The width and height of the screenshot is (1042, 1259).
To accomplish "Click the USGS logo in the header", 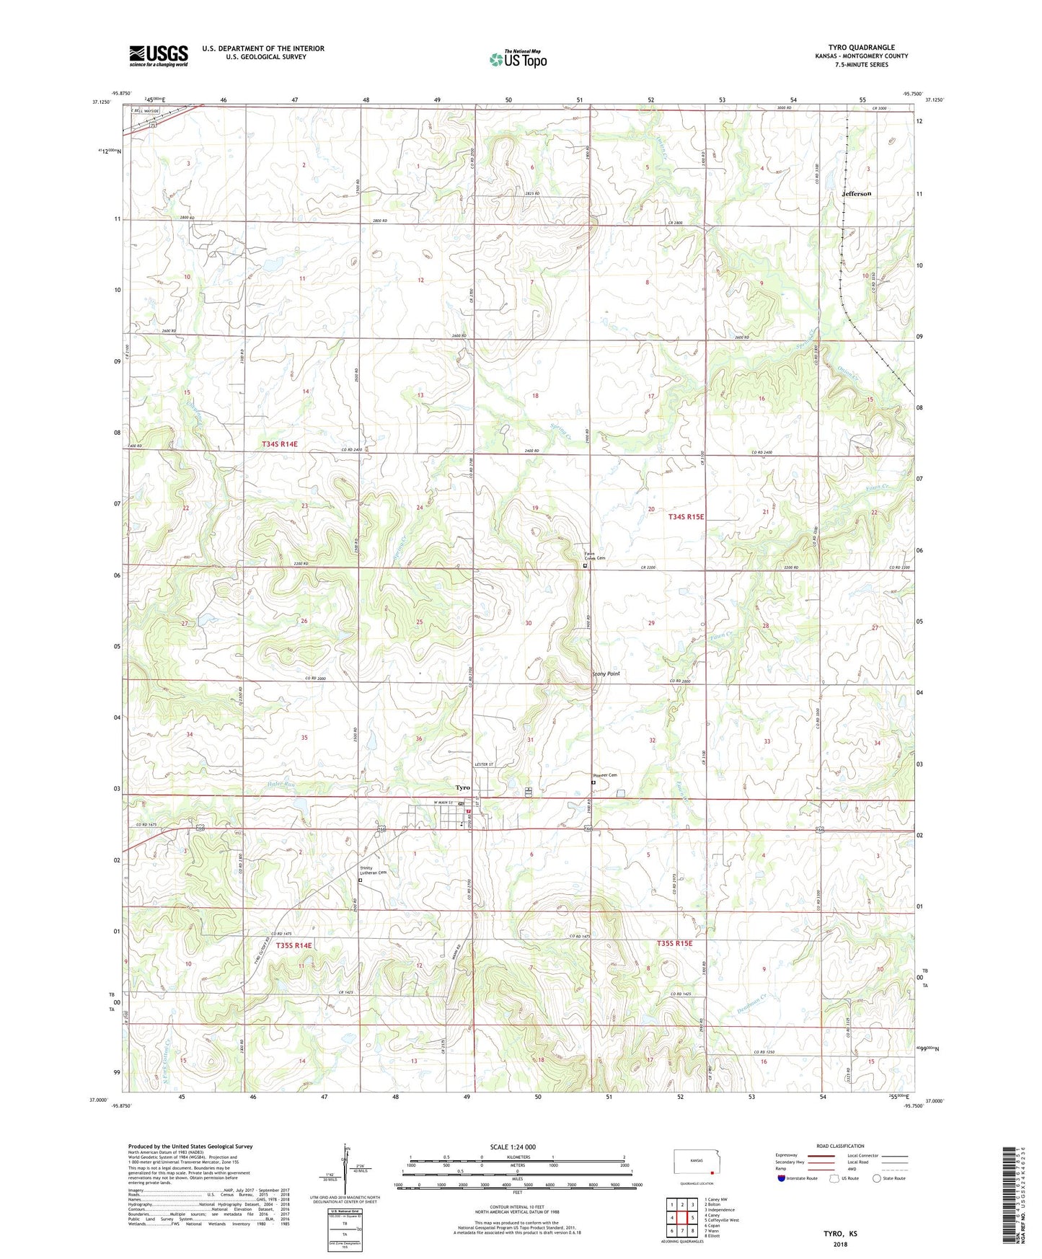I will [159, 55].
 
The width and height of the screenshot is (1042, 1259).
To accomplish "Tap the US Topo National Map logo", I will [518, 59].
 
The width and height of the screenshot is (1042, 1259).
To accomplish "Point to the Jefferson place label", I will [857, 193].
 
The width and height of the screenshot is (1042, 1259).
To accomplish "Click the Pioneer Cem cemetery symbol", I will [593, 782].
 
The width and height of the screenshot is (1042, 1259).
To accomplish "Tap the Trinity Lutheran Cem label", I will [374, 870].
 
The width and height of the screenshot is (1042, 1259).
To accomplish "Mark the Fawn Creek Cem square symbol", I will [585, 566].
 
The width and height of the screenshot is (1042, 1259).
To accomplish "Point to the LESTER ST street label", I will [483, 763].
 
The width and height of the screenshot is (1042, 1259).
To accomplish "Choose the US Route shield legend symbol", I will [834, 1178].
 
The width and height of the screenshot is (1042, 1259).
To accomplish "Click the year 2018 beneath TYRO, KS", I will [840, 1244].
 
